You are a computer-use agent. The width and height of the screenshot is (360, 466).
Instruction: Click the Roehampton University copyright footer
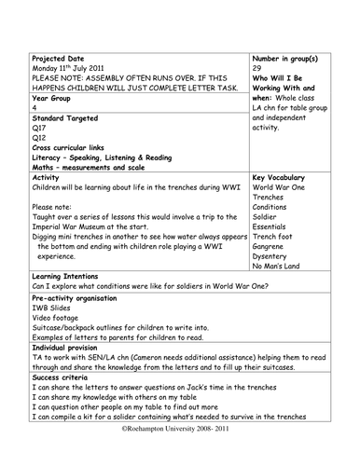(x=179, y=458)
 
